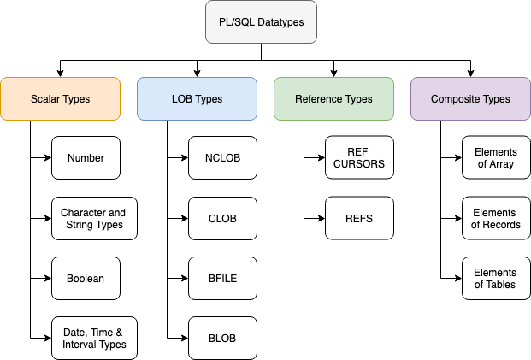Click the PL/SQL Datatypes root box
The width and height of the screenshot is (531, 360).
click(x=261, y=22)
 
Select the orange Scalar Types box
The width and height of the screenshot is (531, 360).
click(x=60, y=99)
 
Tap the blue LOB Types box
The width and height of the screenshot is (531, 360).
click(x=197, y=99)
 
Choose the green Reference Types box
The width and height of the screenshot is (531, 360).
click(x=334, y=99)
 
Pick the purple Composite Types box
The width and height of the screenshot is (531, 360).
click(x=471, y=99)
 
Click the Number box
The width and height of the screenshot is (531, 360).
click(x=86, y=158)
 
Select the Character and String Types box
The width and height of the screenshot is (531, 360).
click(x=94, y=218)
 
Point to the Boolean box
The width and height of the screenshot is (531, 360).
click(x=86, y=279)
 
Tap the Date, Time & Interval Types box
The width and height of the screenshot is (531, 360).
click(x=94, y=339)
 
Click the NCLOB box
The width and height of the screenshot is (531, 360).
click(x=223, y=158)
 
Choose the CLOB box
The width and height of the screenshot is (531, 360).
click(x=223, y=218)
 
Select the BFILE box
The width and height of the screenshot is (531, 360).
click(x=223, y=279)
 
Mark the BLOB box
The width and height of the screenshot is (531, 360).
click(x=223, y=339)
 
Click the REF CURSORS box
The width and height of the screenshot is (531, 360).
click(x=360, y=157)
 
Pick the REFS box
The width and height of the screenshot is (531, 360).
click(x=360, y=218)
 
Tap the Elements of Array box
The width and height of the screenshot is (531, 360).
click(x=497, y=157)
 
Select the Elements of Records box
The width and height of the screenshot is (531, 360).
click(x=497, y=218)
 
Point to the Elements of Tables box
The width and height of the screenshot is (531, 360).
click(x=497, y=279)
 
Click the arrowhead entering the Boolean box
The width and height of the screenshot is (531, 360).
click(x=48, y=279)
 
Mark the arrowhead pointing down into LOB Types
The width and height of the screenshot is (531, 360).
click(x=197, y=74)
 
